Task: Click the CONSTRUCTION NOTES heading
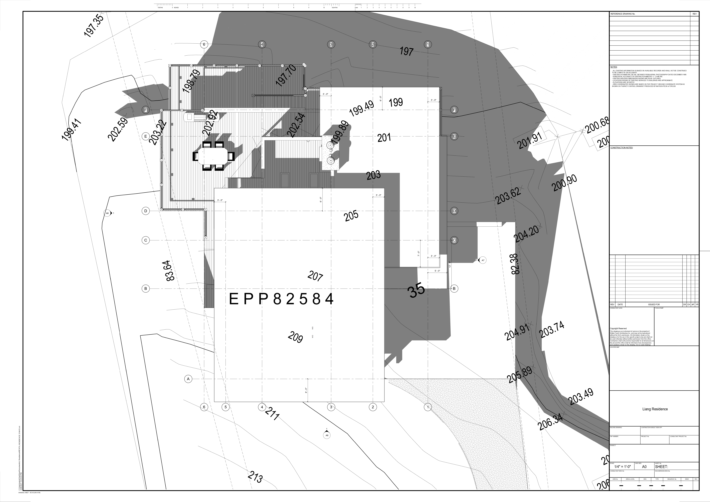coord(622,148)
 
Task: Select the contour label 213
coord(255,477)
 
